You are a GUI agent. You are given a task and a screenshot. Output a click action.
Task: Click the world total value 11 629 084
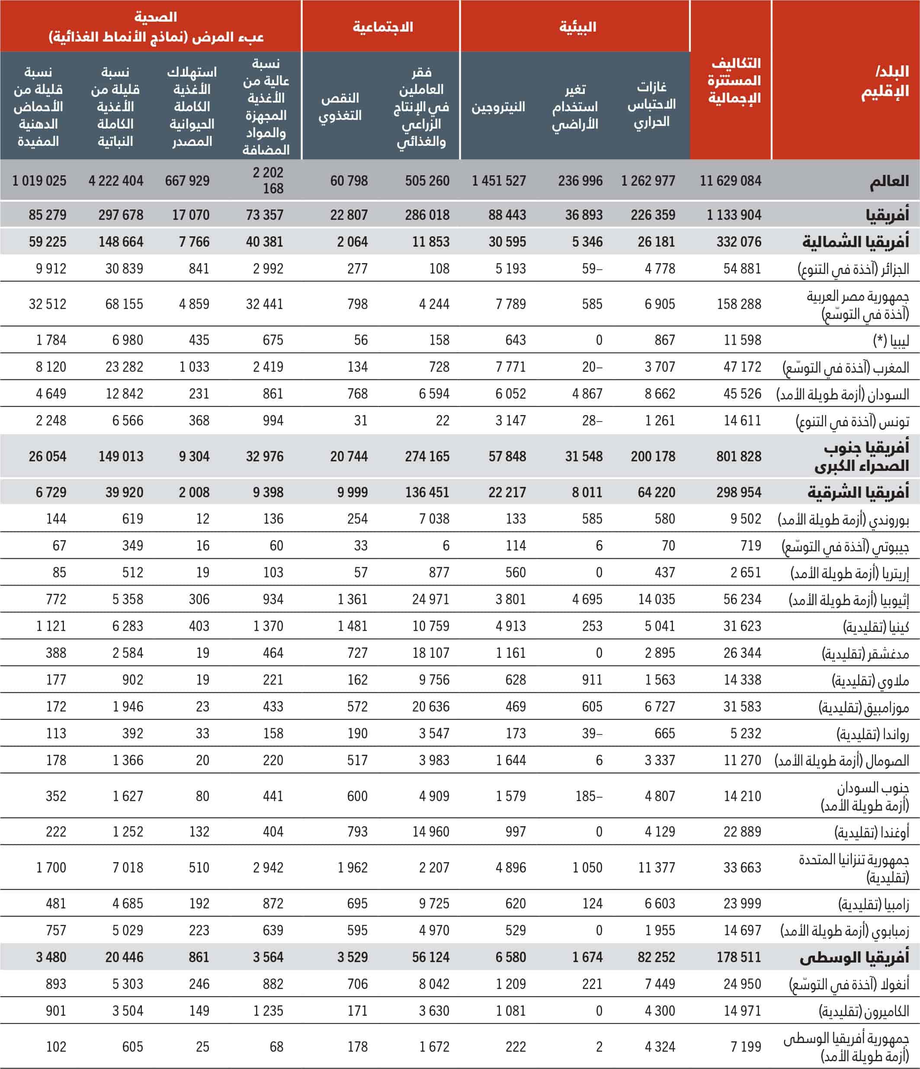730,180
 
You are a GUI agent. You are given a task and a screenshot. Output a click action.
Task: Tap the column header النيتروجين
498,107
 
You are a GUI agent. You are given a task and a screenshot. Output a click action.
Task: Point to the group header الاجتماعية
383,27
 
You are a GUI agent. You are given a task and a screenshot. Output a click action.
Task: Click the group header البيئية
577,27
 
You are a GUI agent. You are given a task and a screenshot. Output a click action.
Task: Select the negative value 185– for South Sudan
589,796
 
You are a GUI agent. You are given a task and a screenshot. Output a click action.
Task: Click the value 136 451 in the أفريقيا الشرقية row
427,492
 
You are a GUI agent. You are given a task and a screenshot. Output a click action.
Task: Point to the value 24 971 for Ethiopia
431,599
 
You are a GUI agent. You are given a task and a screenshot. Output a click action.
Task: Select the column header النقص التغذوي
340,107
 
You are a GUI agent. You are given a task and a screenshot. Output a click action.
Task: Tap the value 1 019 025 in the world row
39,180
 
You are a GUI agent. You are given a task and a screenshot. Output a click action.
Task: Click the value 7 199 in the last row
746,1047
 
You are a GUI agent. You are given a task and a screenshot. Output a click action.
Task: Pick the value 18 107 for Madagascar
431,653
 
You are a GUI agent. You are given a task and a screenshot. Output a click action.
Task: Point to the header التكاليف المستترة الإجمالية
734,80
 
